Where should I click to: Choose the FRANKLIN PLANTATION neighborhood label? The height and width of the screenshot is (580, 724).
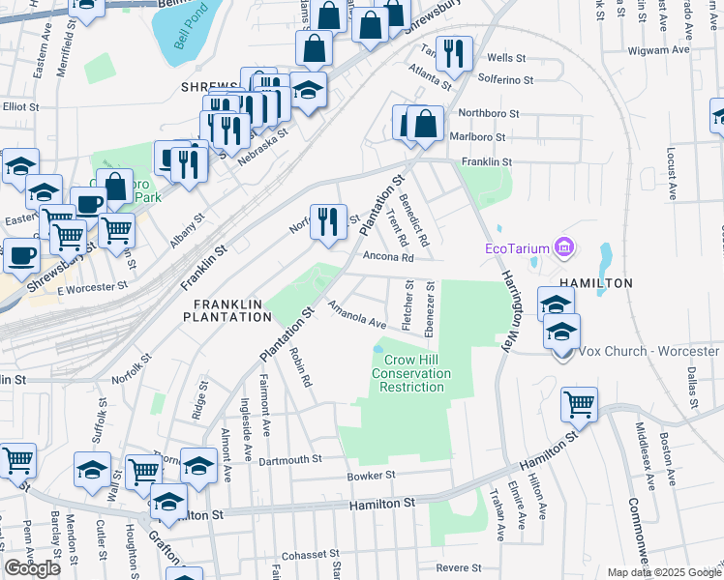pos(227,309)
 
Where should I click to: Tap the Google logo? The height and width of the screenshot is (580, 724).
pos(33,568)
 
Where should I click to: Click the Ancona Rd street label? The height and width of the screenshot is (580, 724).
pos(388,258)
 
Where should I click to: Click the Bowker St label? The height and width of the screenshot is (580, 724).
pos(372,476)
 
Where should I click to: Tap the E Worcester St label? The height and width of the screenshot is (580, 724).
pos(92,288)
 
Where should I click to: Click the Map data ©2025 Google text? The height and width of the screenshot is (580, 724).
pos(663,572)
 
